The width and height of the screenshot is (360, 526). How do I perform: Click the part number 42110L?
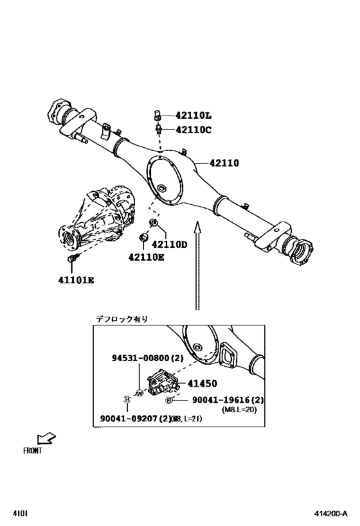[194, 116]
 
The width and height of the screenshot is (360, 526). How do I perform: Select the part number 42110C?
[194, 130]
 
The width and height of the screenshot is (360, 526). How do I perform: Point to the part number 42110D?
[170, 245]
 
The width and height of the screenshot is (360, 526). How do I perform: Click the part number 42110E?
[146, 258]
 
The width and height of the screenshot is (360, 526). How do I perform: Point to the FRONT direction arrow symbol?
[46, 439]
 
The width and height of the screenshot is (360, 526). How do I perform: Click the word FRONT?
[32, 451]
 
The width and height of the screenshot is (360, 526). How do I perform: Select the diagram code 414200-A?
[331, 514]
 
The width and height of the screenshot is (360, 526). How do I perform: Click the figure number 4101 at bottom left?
[19, 514]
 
